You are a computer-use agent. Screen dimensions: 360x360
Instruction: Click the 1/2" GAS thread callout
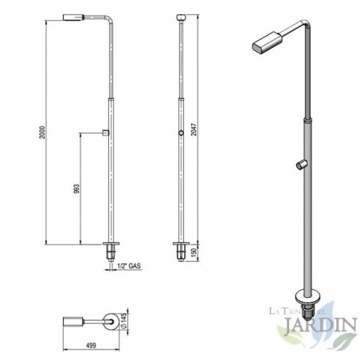[128, 268]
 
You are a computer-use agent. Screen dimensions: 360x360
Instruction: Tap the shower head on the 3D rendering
[265, 42]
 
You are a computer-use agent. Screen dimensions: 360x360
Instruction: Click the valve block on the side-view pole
[106, 132]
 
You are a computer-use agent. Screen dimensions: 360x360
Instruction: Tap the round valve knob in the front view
[182, 132]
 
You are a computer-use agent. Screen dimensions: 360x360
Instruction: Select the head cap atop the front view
[182, 16]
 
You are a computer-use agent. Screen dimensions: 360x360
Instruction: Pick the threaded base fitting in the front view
[182, 252]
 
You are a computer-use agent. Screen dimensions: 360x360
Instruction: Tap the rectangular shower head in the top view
[75, 322]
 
